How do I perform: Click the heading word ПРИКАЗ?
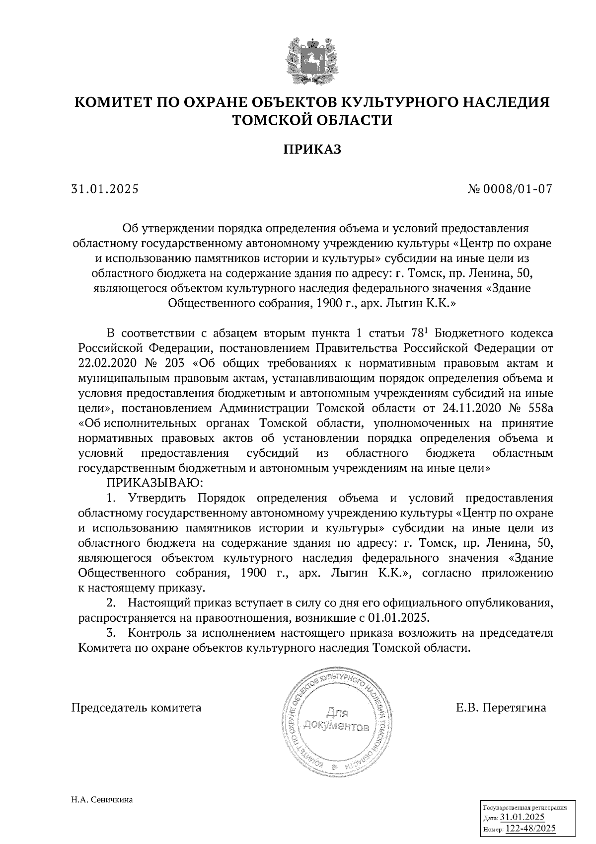[x=312, y=149]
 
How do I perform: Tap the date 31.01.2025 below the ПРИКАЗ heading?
[x=105, y=189]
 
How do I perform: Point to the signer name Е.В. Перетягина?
[x=501, y=707]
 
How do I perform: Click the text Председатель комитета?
[x=137, y=707]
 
